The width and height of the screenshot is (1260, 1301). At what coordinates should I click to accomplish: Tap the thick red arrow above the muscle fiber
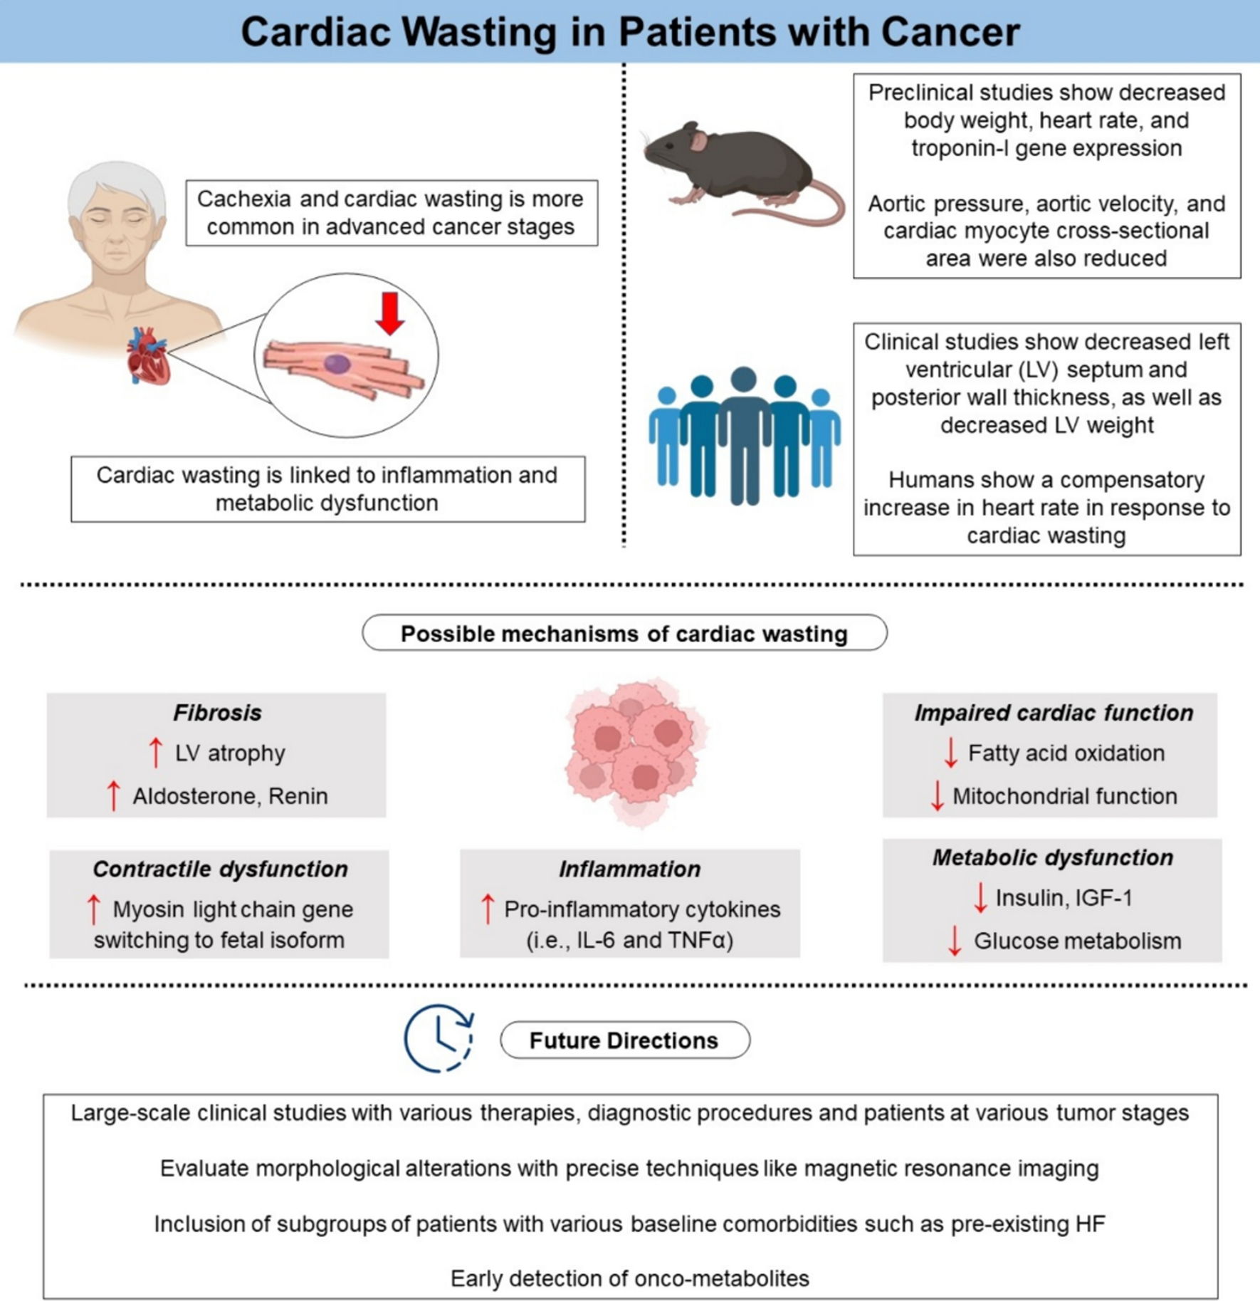pyautogui.click(x=389, y=313)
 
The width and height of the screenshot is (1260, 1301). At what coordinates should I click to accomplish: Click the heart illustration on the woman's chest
pyautogui.click(x=148, y=356)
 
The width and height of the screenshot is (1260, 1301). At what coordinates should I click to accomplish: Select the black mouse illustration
pyautogui.click(x=733, y=167)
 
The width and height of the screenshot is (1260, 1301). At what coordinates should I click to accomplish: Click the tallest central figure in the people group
pyautogui.click(x=744, y=434)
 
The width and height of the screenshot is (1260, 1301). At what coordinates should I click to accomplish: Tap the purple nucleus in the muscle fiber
pyautogui.click(x=337, y=365)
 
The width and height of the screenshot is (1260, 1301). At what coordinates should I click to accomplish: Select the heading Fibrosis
pyautogui.click(x=217, y=713)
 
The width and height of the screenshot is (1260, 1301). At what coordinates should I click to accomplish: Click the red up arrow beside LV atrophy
pyautogui.click(x=155, y=752)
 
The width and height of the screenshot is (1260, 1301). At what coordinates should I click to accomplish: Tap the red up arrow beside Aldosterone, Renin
pyautogui.click(x=113, y=795)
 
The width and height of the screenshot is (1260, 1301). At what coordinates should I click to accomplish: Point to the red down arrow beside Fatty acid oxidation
pyautogui.click(x=950, y=753)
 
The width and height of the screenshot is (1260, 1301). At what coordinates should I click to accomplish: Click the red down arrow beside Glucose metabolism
pyautogui.click(x=955, y=941)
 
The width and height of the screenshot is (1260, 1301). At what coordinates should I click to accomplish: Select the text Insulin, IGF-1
pyautogui.click(x=1064, y=898)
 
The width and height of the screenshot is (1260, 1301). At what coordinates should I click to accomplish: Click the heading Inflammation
pyautogui.click(x=629, y=869)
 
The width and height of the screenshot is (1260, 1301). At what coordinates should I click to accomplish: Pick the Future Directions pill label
pyautogui.click(x=624, y=1040)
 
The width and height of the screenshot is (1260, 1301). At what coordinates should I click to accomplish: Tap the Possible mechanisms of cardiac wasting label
pyautogui.click(x=624, y=633)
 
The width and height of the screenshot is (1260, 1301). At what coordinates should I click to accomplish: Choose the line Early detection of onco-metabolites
pyautogui.click(x=630, y=1278)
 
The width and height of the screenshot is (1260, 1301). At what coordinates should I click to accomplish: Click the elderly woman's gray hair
pyautogui.click(x=117, y=182)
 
